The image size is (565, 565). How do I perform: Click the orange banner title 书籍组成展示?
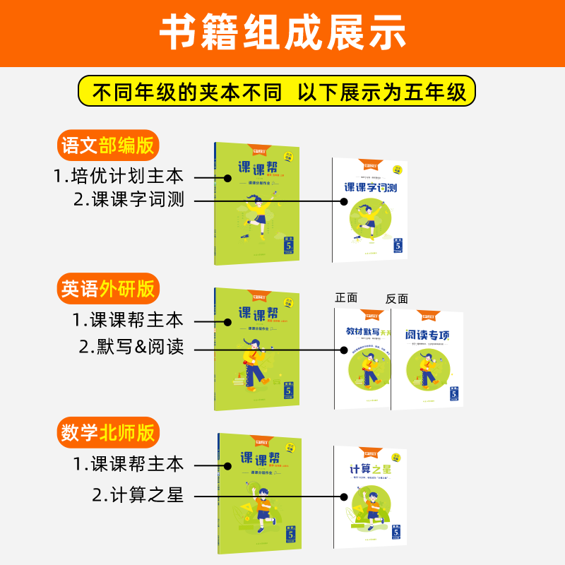coord(282,32)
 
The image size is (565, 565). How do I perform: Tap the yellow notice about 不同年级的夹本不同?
coord(277,93)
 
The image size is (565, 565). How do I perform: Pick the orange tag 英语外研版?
coord(108,289)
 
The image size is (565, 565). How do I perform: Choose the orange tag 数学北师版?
coord(108,432)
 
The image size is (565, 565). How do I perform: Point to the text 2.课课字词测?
coord(129,201)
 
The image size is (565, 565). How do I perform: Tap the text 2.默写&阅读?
coord(131,347)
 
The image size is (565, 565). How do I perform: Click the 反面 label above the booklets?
coord(398,299)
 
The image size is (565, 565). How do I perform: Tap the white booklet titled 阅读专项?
coord(427,360)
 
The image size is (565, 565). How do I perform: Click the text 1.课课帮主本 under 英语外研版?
coord(128,320)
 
